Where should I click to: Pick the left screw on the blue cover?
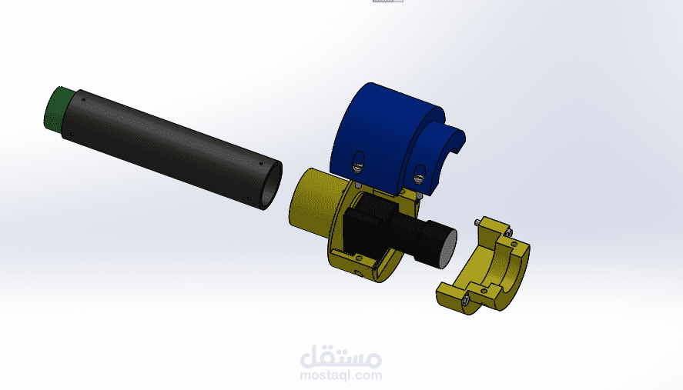pyautogui.click(x=357, y=162)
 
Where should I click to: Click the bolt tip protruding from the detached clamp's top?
pyautogui.click(x=479, y=222)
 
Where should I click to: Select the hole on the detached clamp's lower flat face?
pyautogui.click(x=450, y=292)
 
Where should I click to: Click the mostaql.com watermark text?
pyautogui.click(x=340, y=375)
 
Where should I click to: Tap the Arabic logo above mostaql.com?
pyautogui.click(x=340, y=355)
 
